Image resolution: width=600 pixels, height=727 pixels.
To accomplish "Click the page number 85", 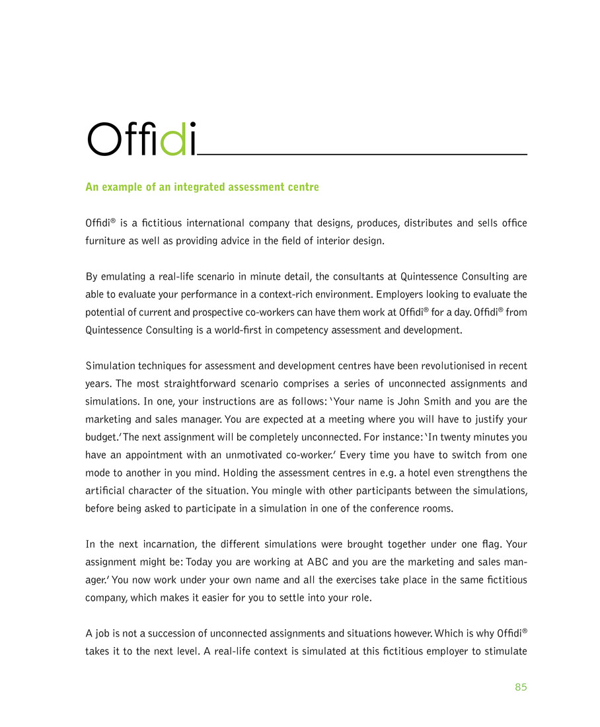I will tap(521, 687).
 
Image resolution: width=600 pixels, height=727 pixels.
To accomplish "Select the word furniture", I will tap(107, 241).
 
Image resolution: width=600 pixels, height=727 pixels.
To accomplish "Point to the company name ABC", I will tap(316, 561).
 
